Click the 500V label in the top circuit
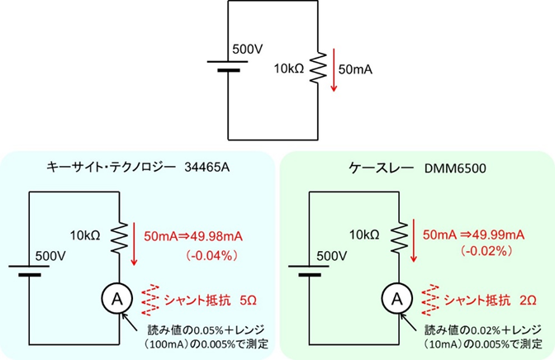[247, 49]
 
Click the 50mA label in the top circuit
[356, 69]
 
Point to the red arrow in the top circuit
[332, 69]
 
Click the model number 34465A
[209, 168]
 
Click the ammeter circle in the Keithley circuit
[399, 296]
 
